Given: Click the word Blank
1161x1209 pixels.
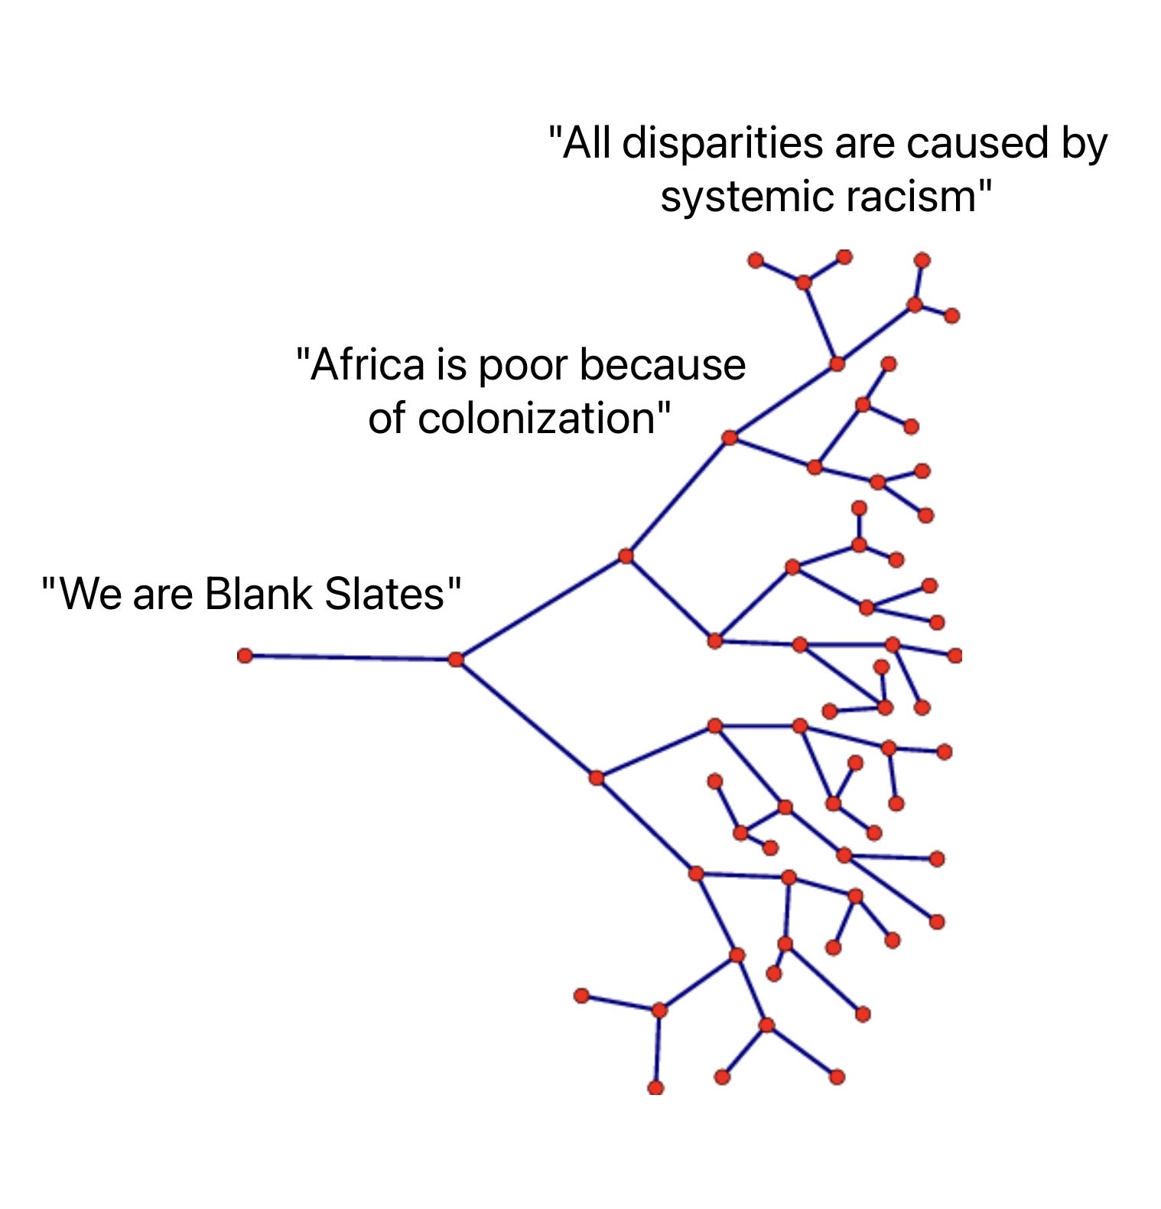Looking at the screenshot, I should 258,594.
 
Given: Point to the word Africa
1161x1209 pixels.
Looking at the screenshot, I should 367,364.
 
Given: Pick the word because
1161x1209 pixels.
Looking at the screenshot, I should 662,364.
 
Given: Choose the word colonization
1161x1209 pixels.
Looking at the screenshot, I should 528,419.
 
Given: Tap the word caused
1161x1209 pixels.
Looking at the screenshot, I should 971,143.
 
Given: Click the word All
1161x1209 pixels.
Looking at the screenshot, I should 587,143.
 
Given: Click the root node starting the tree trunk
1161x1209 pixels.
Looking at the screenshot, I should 245,656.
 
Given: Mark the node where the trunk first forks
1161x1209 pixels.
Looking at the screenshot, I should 456,659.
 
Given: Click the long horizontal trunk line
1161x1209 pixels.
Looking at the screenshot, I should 350,657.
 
